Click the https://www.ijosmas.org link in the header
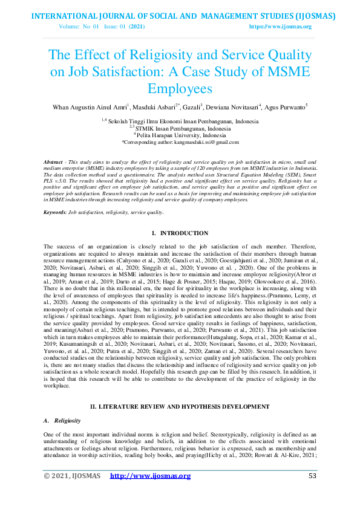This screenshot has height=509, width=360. tap(280, 27)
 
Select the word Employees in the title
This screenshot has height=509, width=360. tap(180, 89)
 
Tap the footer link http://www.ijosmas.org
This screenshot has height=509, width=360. tap(150, 476)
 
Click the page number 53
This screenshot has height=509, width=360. tap(312, 476)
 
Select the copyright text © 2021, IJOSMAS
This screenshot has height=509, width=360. tap(71, 476)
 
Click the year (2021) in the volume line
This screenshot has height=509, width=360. tap(137, 27)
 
